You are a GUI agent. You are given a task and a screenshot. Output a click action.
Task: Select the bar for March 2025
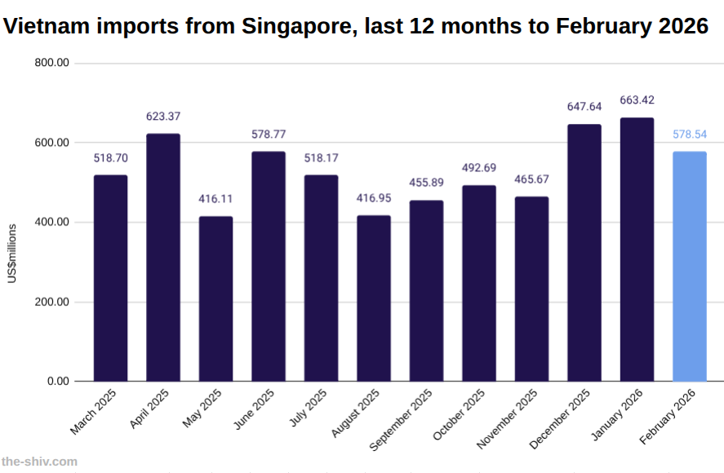pyautogui.click(x=110, y=278)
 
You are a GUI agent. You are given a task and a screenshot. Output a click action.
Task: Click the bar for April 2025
pyautogui.click(x=163, y=258)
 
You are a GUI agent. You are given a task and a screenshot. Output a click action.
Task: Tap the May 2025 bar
pyautogui.click(x=215, y=298)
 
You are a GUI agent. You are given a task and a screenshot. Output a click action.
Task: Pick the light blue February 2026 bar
pyautogui.click(x=690, y=267)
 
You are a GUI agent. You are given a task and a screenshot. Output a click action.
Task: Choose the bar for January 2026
pyautogui.click(x=637, y=250)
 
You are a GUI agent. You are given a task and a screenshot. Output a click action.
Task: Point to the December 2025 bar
pyautogui.click(x=584, y=253)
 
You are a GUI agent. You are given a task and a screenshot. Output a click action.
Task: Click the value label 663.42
pyautogui.click(x=637, y=100)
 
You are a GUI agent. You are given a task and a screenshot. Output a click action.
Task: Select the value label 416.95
pyautogui.click(x=374, y=198)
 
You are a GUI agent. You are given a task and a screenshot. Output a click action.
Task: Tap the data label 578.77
pyautogui.click(x=269, y=134)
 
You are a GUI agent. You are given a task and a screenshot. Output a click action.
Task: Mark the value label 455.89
pyautogui.click(x=427, y=183)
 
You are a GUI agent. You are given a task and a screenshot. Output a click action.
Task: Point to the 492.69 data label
pyautogui.click(x=479, y=168)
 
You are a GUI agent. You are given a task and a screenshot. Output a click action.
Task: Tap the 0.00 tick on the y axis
pyautogui.click(x=58, y=381)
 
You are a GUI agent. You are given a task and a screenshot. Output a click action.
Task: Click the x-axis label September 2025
pyautogui.click(x=402, y=420)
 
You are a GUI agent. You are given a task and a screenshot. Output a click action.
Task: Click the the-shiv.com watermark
pyautogui.click(x=39, y=462)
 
